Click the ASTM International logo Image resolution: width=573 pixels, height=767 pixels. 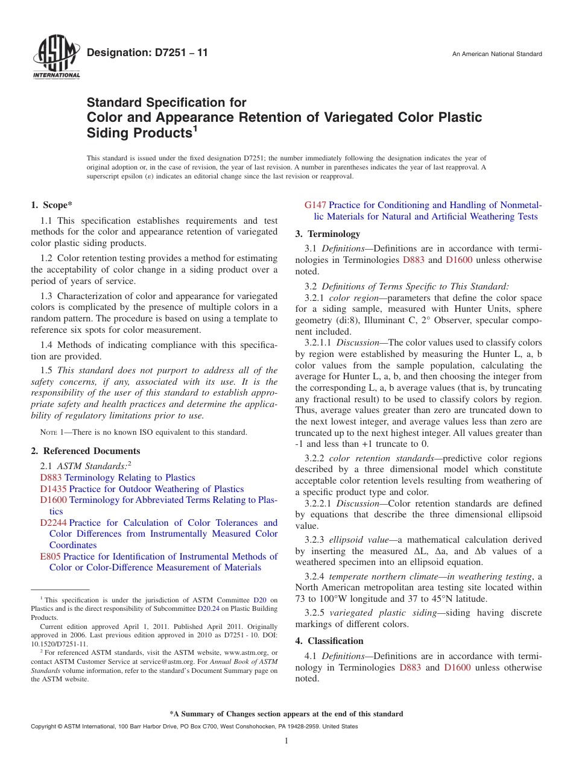click(56, 58)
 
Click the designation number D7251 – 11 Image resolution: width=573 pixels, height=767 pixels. click(147, 53)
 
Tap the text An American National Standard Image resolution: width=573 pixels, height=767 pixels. click(497, 54)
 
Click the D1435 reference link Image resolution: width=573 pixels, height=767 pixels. click(53, 489)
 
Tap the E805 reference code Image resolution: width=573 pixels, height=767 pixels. click(50, 557)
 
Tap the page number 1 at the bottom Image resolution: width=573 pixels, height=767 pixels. click(286, 741)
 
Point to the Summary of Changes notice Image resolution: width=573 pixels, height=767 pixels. click(286, 714)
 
